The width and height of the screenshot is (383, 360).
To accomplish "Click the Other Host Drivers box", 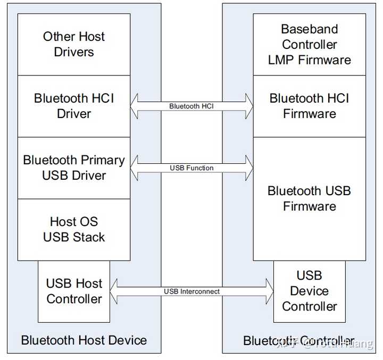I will coord(74,44).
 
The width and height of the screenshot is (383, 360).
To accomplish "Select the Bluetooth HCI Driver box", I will coord(74,106).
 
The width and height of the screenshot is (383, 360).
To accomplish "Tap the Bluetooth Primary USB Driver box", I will coord(74,168).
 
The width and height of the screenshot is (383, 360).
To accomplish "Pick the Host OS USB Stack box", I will coord(74,229).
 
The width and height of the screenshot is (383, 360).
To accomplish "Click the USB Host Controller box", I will coord(74,291).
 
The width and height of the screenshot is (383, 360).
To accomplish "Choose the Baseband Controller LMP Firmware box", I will coord(309,44).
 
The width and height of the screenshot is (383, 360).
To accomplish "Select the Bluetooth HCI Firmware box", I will coord(309,106).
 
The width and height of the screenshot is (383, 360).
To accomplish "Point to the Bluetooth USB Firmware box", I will coord(309,198).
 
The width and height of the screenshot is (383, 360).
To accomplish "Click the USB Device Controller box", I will coord(309,291).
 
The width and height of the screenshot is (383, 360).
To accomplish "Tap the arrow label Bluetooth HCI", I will coord(191,106).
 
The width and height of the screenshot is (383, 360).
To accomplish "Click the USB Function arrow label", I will coord(191,168).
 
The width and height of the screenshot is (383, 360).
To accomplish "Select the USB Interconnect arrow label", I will coord(191,291).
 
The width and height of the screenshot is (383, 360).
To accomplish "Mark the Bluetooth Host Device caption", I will coord(84,340).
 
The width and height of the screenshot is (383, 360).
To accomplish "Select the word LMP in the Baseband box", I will coord(282,60).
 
